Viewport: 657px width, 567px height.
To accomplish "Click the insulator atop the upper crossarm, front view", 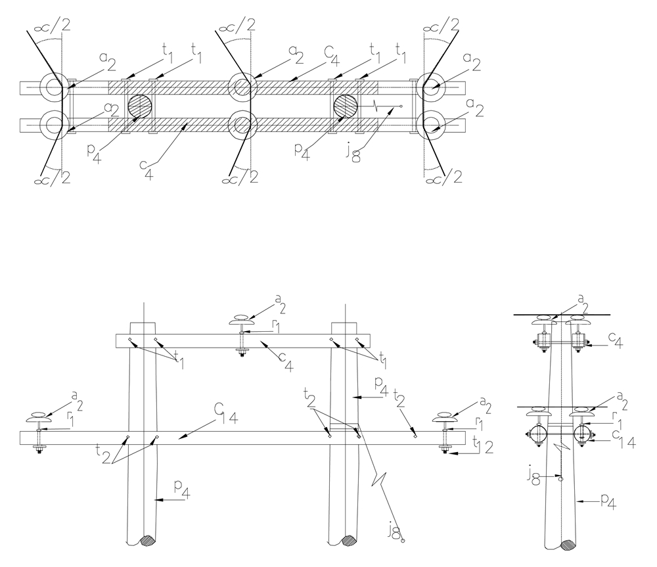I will tap(242, 321).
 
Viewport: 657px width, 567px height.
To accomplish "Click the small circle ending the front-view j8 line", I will tap(403, 541).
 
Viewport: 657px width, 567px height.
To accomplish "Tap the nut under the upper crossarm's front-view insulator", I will tap(242, 355).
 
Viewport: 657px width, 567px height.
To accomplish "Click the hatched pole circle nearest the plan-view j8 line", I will tap(346, 106).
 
